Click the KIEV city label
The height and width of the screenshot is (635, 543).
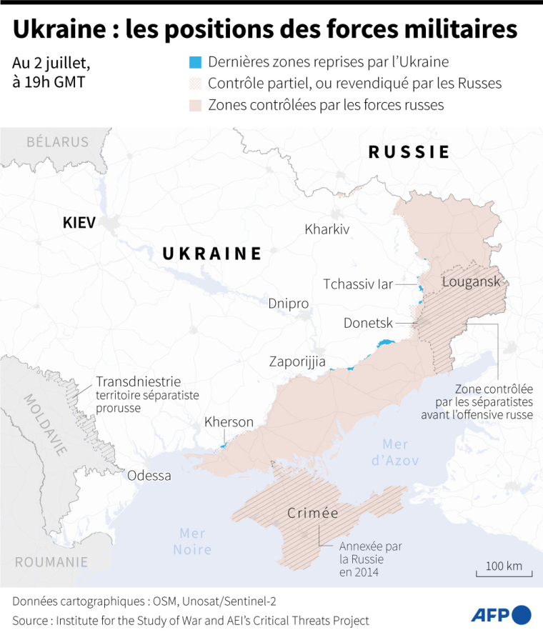79,222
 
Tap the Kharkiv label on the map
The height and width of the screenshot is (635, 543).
327,229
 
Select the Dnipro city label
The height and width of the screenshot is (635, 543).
289,304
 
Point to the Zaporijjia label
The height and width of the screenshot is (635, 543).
297,361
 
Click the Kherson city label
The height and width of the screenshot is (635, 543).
229,422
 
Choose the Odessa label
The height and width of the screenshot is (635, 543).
149,476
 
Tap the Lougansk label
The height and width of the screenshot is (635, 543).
472,281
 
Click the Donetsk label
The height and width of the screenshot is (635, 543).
368,323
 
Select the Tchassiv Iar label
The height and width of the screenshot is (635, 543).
358,284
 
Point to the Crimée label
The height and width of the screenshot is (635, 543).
312,514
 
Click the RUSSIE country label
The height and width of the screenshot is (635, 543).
409,151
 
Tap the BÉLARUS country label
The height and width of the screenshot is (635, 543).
57,141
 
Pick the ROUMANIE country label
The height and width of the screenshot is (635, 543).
51,561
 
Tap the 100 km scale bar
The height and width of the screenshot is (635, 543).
504,571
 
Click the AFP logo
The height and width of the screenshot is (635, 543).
501,614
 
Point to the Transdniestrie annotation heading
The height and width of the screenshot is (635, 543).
138,381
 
